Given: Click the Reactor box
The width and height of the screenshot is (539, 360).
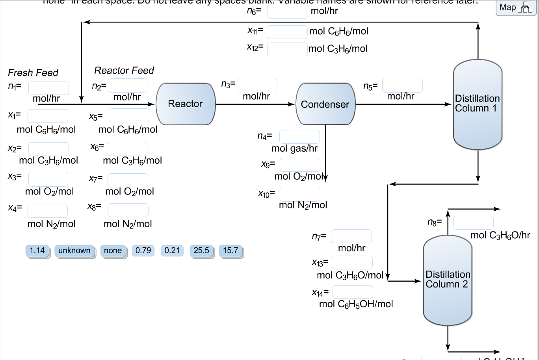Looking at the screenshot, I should coord(186,104).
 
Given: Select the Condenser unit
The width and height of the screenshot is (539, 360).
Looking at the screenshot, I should coord(325,104).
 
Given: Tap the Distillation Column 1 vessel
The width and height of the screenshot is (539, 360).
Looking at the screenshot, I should coord(478,104).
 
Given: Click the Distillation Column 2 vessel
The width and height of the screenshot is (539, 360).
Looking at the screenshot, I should coord(448,280).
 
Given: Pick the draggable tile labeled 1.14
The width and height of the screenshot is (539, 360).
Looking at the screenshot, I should coord(37,251).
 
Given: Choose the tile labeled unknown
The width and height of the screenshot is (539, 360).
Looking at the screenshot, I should coord(74,251).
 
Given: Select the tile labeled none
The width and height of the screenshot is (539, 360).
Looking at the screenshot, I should coord(113,251).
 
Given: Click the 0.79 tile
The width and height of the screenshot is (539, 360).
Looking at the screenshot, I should coord(143,251).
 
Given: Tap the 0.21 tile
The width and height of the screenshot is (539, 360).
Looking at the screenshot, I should coord(172,251).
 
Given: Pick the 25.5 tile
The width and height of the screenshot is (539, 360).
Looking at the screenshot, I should coord(201,251).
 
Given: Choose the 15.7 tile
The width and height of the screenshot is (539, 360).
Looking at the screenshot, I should coord(230,251).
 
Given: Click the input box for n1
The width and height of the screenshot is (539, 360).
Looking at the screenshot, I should coord(48,88).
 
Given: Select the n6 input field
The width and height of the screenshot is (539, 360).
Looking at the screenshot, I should coord(288,11).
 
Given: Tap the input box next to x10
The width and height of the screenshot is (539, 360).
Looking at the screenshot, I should coord(300,194).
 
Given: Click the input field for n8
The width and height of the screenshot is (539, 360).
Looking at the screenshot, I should coord(473,223).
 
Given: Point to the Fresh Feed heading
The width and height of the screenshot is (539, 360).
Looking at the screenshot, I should coord(33,73).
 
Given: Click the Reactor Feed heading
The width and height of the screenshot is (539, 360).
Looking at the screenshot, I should coord(124,71).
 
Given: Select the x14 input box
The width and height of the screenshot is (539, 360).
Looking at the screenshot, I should coord(353,292).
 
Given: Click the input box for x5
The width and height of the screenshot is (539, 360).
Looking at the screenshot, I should coord(129,115).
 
